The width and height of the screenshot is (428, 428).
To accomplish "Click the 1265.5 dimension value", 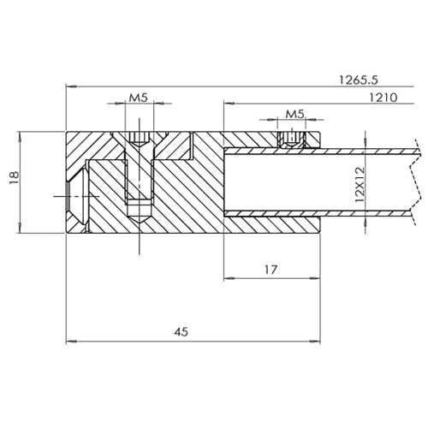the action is coord(359,80).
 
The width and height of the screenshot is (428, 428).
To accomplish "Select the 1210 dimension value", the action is coord(383,98).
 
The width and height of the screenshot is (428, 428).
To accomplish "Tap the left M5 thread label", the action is coord(139,98).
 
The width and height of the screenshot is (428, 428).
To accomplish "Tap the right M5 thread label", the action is coord(295,114).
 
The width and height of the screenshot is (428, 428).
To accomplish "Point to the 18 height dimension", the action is coord(15,178).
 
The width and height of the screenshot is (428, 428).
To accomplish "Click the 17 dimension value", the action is coord(270,270).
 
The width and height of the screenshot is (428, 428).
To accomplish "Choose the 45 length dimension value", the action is coord(181,332).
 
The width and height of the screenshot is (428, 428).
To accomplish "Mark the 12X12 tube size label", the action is coord(360,185).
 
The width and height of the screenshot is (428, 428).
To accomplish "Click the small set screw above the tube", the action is coord(291,140).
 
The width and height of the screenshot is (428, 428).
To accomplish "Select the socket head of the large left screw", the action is coord(139,138).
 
